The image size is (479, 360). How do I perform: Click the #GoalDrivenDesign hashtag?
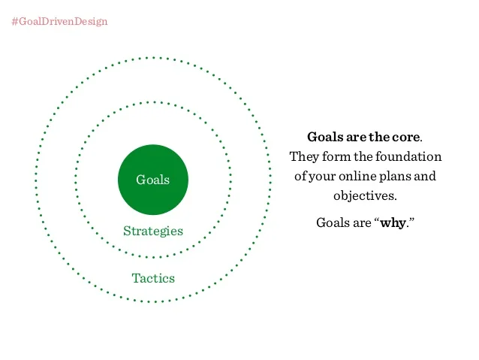[59, 22]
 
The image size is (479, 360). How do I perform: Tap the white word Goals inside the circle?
[152, 180]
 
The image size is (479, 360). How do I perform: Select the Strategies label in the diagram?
[153, 231]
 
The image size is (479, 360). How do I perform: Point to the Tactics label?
[153, 278]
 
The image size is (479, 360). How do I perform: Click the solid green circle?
[153, 180]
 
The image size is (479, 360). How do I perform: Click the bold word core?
[406, 137]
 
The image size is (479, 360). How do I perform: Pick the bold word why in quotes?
[393, 222]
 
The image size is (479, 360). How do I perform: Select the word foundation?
[408, 156]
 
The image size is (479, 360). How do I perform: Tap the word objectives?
[365, 196]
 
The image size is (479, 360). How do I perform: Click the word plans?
[395, 177]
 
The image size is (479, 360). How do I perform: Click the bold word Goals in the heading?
[325, 137]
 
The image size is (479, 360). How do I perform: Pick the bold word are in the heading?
[356, 138]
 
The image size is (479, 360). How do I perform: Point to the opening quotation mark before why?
[376, 219]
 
